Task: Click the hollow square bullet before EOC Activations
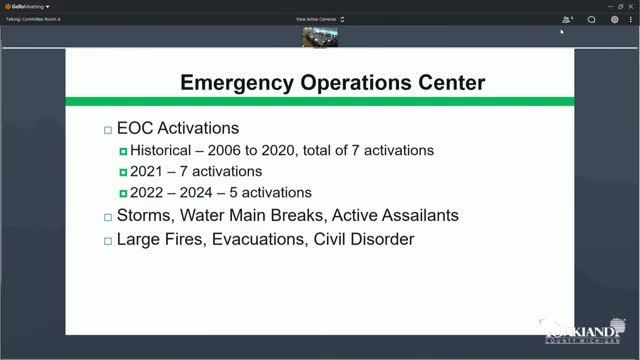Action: (x=108, y=130)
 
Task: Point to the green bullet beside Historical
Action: (x=123, y=151)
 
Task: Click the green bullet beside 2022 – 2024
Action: (x=123, y=193)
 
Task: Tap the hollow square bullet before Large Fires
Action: (x=108, y=240)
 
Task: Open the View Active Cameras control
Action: (x=320, y=19)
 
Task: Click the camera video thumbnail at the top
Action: (x=320, y=37)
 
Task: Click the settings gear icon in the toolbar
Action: (x=615, y=19)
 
